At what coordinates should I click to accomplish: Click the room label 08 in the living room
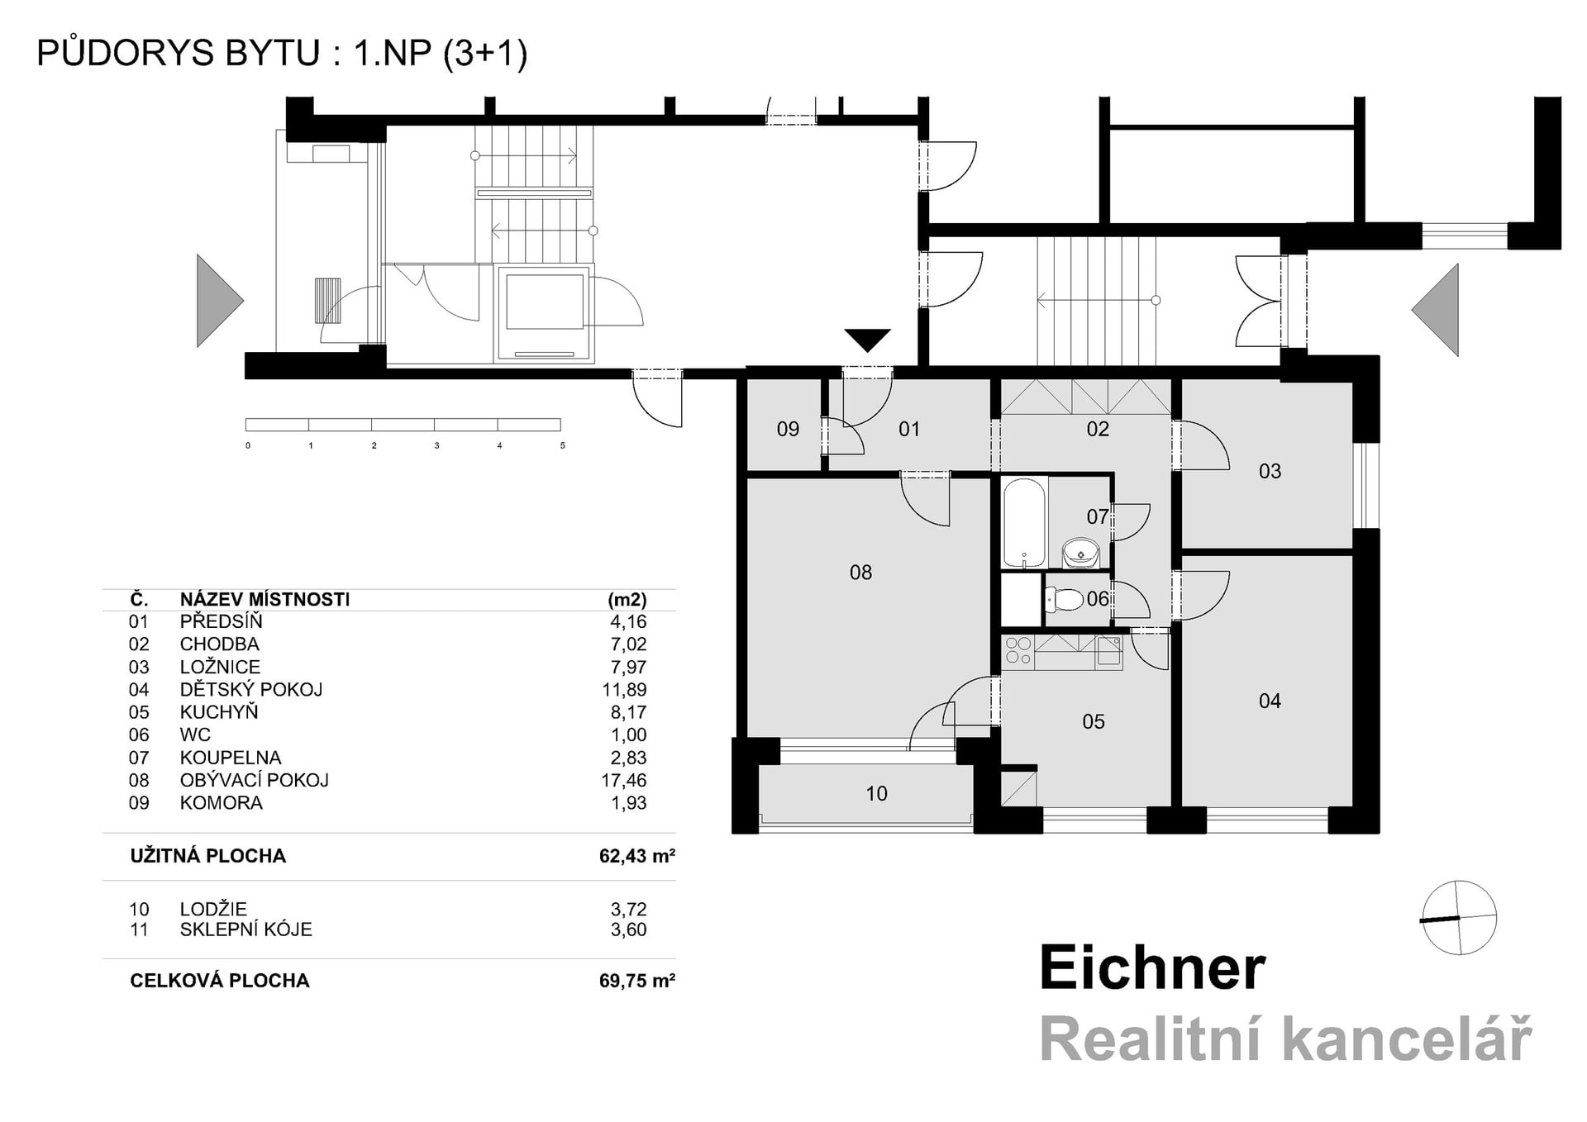pos(860,572)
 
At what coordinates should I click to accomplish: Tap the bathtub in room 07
pos(1024,523)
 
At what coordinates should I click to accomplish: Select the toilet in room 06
pos(1065,599)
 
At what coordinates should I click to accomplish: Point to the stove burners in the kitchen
pos(1017,651)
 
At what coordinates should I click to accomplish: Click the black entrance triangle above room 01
pos(867,339)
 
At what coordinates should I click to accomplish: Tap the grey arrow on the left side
pos(217,301)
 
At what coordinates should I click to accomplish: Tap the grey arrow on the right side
pos(1437,311)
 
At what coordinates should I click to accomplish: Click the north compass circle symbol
pos(1460,918)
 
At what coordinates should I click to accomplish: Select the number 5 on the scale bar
pos(563,445)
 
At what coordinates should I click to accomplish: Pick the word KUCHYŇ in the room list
pos(219,712)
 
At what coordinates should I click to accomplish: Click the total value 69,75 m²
pos(636,981)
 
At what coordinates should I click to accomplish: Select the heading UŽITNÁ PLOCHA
pos(207,856)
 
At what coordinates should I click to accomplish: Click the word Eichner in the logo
pos(1152,967)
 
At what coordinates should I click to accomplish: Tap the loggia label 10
pos(876,794)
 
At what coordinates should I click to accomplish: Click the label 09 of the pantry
pos(788,429)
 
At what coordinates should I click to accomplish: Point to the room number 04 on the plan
pos(1270,701)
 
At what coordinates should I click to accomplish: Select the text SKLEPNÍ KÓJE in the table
pos(245,929)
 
